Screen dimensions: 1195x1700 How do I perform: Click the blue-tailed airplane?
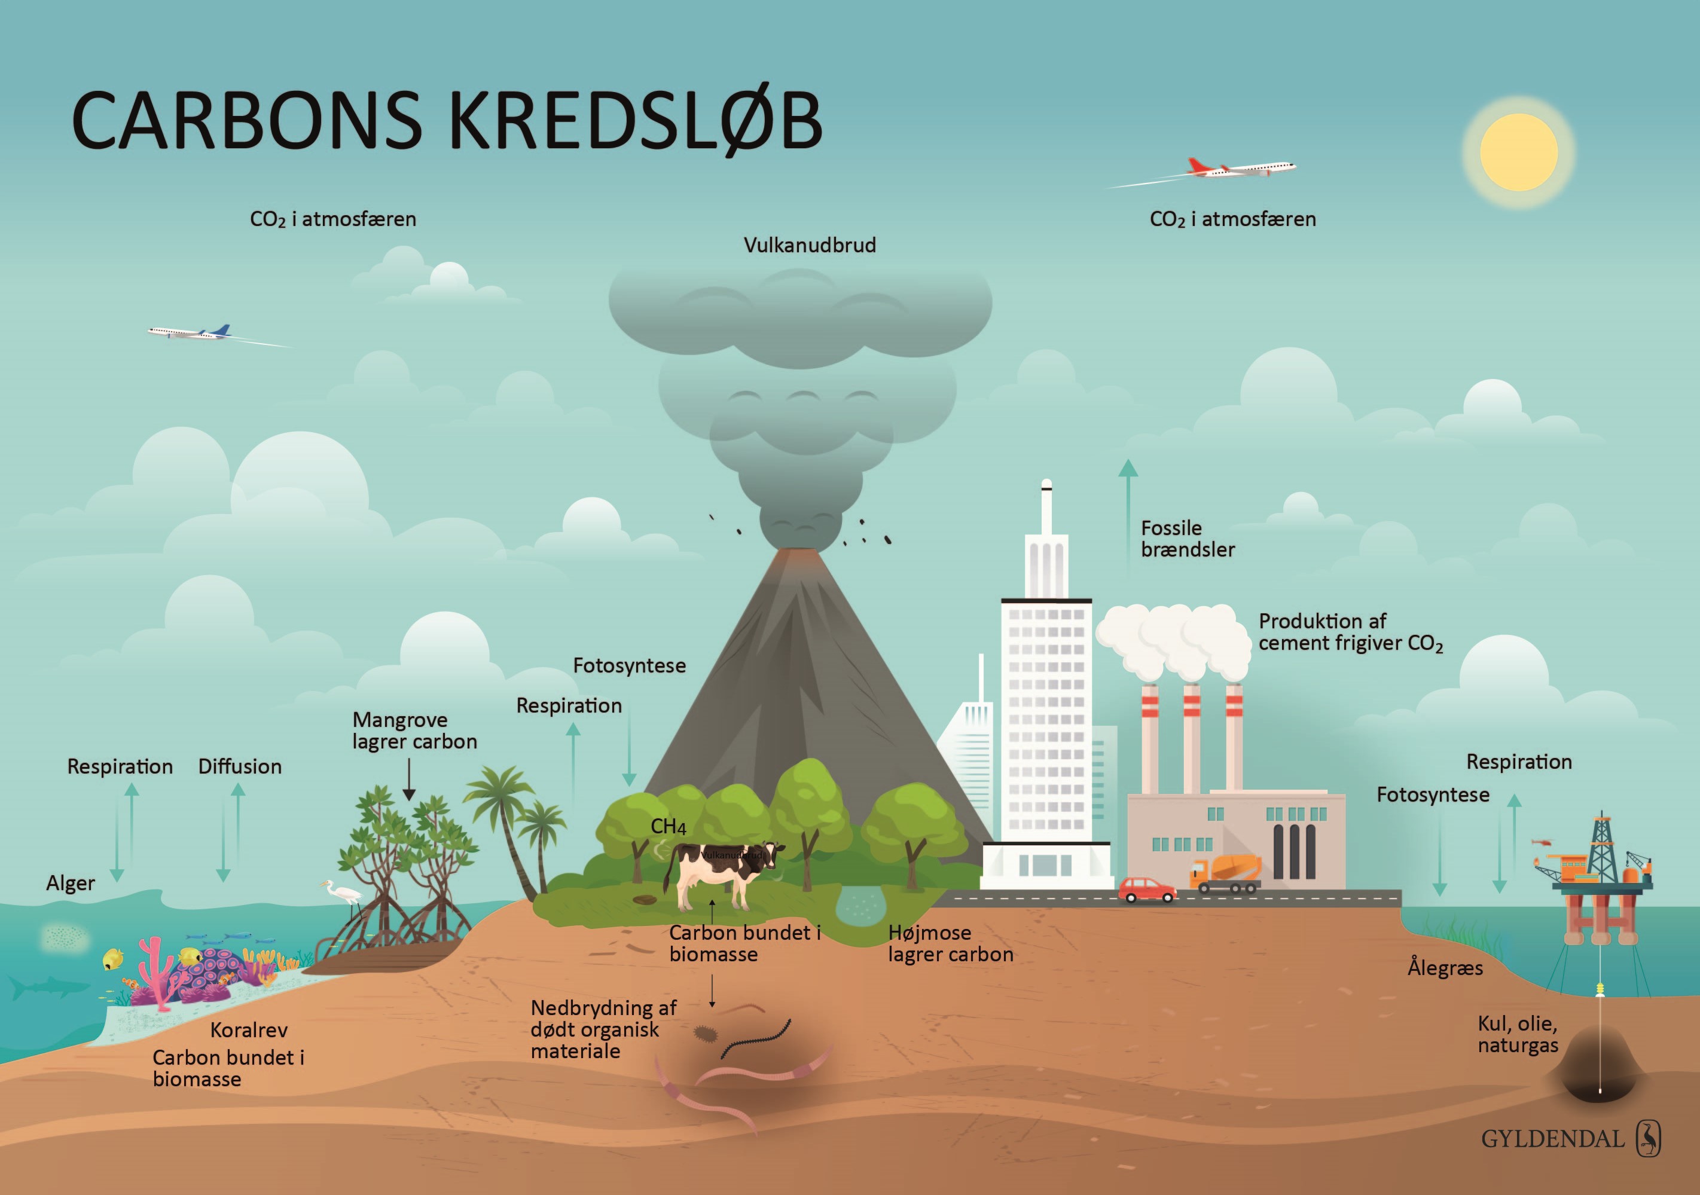tap(193, 333)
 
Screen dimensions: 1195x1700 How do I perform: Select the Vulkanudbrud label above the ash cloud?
tap(809, 245)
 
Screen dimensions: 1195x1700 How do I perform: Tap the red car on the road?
tap(1146, 889)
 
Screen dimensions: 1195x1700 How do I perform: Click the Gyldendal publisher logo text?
tap(1553, 1139)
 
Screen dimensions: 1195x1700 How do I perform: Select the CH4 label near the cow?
tap(668, 826)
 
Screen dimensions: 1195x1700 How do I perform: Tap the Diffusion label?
tap(240, 766)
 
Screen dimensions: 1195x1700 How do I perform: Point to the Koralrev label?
tap(249, 1030)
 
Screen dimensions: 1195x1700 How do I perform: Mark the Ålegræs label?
tap(1445, 968)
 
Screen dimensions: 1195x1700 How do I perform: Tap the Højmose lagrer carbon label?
tap(950, 943)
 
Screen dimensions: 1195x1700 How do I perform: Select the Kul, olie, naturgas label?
tap(1518, 1034)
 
